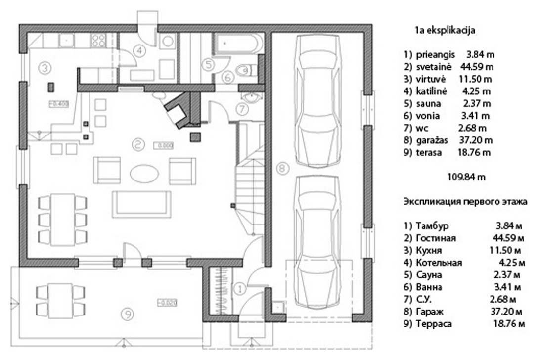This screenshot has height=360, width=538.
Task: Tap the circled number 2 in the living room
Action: click(x=137, y=145)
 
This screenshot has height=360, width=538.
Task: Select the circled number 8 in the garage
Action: click(x=282, y=169)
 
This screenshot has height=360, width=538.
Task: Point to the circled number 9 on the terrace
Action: click(x=128, y=314)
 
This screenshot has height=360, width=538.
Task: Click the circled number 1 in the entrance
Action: click(x=240, y=289)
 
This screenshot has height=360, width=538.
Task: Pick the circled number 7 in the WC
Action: click(x=242, y=109)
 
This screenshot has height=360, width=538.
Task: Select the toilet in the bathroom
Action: click(x=245, y=70)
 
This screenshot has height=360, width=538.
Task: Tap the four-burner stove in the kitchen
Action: click(x=98, y=41)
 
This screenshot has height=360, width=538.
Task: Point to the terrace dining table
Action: click(x=60, y=298)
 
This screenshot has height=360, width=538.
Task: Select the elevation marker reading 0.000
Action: click(x=164, y=146)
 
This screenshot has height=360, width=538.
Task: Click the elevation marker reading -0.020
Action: click(x=167, y=303)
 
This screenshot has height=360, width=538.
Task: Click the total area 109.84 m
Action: click(x=466, y=177)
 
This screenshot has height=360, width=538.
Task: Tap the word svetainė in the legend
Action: click(x=434, y=67)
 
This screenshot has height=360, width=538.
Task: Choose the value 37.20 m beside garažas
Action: click(x=476, y=140)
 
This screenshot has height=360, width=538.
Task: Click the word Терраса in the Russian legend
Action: click(x=434, y=324)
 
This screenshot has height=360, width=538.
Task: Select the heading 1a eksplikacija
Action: click(x=445, y=30)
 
